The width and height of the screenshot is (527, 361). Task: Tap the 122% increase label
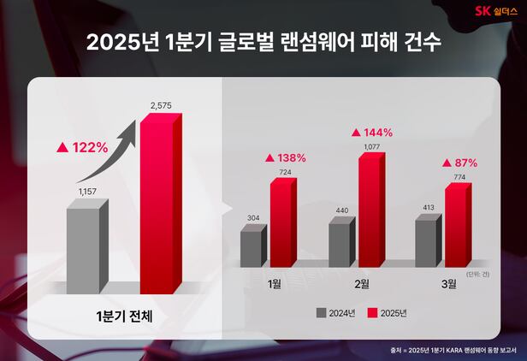(x=82, y=147)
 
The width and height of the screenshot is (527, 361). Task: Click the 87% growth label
(x=459, y=163)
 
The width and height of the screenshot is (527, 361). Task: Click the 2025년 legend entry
(x=388, y=313)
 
